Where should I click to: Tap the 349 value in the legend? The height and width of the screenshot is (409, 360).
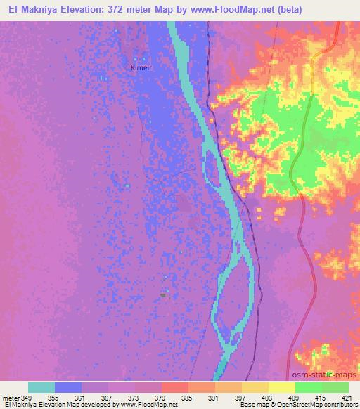(x=29, y=397)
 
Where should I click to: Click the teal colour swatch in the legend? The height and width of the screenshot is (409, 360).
(x=41, y=387)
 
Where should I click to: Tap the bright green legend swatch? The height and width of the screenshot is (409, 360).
(x=309, y=387)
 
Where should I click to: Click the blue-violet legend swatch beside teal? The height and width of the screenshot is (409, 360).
(x=68, y=387)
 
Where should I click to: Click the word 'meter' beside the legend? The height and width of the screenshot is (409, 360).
(x=10, y=397)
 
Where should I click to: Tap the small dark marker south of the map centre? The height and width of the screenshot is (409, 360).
(x=163, y=295)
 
